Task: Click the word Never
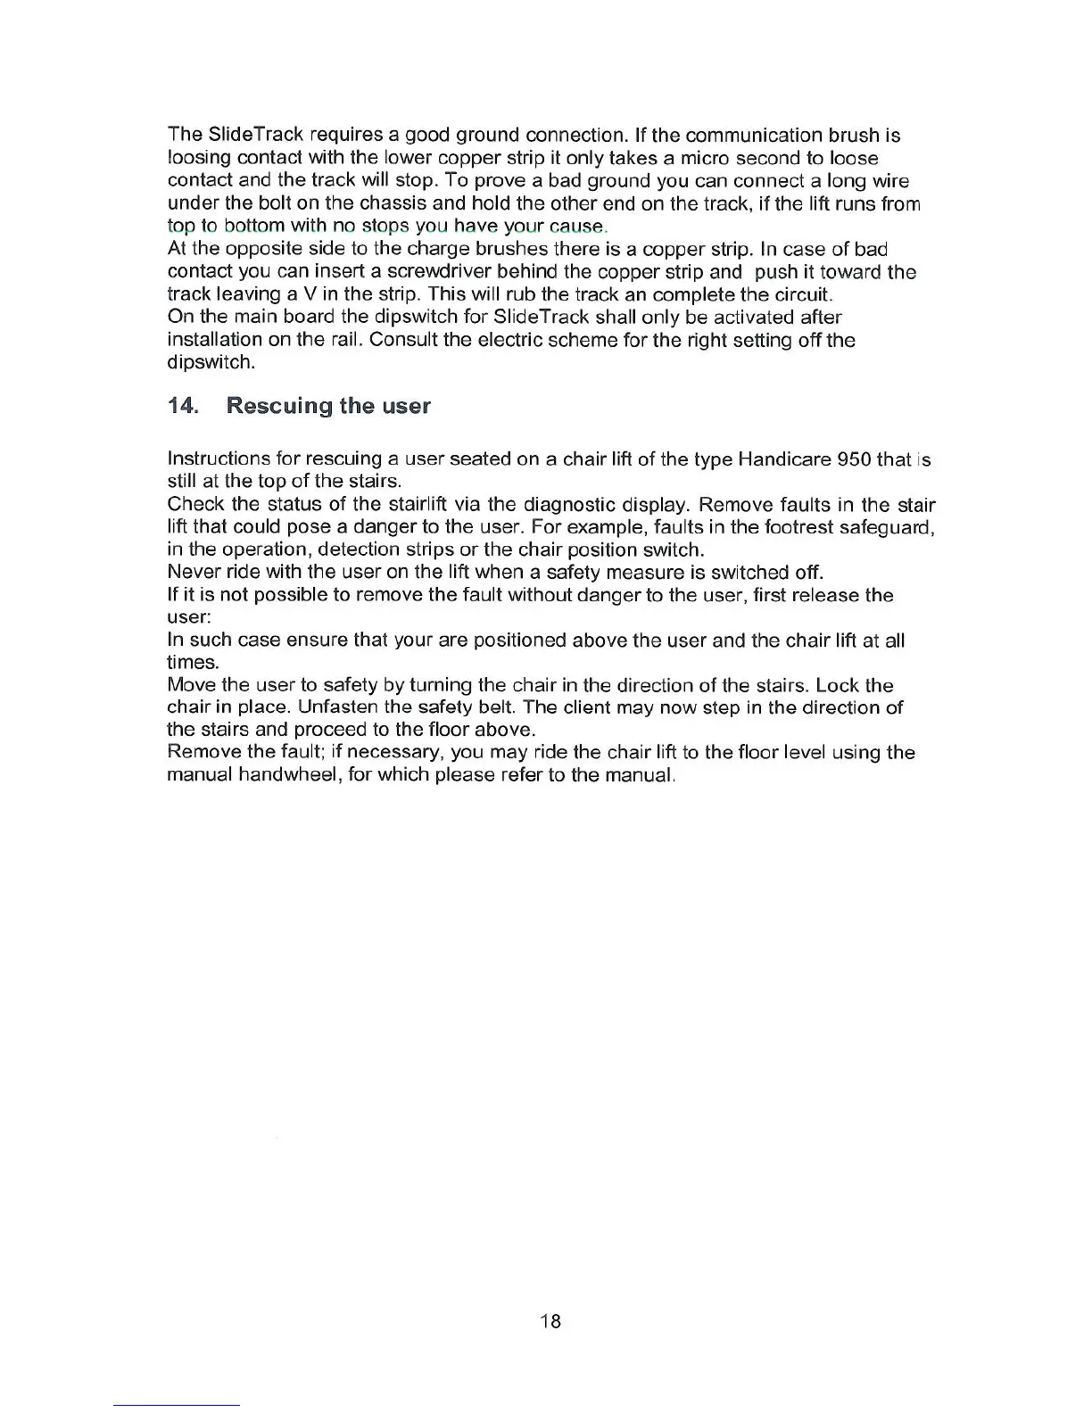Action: coord(191,573)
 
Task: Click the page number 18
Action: coord(550,1321)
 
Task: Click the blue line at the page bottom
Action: coord(177,1405)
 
